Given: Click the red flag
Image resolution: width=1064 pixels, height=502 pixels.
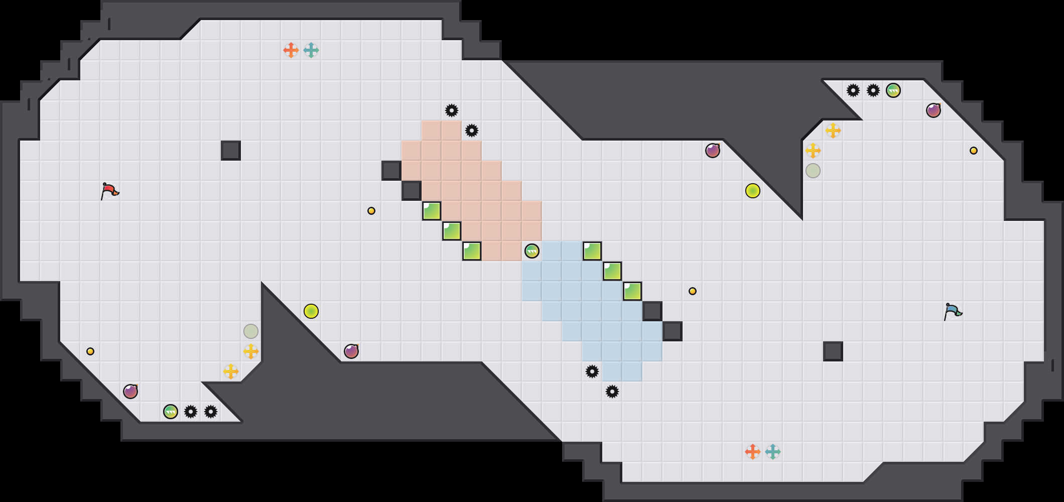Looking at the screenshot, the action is click(109, 191).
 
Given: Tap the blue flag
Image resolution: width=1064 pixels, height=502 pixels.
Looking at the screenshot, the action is click(953, 312).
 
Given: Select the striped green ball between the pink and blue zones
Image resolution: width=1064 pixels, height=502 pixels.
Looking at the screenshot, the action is click(532, 251).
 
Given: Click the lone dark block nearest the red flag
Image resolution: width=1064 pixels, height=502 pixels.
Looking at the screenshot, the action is click(231, 151).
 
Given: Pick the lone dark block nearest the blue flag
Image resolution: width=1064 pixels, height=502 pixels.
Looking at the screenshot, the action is click(833, 351).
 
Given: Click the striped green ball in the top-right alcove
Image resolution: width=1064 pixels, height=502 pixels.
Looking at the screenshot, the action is click(893, 90).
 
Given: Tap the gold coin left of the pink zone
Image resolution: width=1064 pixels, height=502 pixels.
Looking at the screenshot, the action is click(371, 211).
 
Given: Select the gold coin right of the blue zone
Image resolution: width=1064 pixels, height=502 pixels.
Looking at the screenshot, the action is click(693, 291).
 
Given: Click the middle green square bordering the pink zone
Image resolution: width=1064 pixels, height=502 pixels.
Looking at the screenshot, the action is click(452, 231).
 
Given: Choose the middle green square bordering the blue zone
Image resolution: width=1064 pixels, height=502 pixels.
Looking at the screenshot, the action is click(612, 271).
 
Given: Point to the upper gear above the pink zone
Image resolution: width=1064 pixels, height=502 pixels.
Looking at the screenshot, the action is click(452, 110).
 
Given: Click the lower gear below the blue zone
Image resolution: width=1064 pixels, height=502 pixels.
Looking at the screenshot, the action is click(612, 392).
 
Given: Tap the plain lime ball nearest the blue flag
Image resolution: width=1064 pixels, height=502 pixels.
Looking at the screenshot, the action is click(753, 191).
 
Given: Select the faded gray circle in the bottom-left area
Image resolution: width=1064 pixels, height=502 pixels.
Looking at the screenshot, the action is click(251, 331).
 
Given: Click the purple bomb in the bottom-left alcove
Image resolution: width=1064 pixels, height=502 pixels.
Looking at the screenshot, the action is click(130, 392).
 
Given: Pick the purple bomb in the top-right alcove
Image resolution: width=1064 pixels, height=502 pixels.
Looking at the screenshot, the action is click(934, 110).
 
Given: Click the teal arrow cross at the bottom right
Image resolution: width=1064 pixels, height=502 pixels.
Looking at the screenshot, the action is click(773, 452).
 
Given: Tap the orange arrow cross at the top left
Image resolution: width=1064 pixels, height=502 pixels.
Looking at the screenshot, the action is click(291, 50).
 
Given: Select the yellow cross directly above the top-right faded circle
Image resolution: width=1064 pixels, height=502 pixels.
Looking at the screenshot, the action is click(813, 151).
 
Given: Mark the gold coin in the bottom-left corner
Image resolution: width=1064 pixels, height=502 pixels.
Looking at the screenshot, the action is click(90, 351).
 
